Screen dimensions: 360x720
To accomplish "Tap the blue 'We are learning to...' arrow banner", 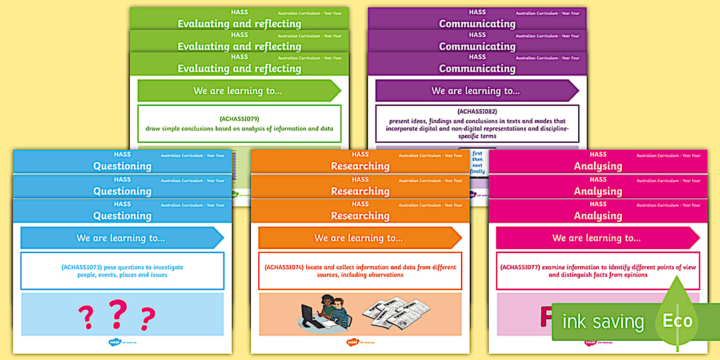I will pyautogui.click(x=121, y=238).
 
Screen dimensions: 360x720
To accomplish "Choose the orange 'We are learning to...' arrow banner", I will pyautogui.click(x=359, y=238).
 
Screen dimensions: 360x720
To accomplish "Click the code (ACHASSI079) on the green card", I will pyautogui.click(x=239, y=119).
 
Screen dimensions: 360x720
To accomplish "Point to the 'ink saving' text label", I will pyautogui.click(x=603, y=322).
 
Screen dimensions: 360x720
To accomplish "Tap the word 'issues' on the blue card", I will pyautogui.click(x=157, y=275).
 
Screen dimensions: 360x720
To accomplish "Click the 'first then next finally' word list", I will pyautogui.click(x=477, y=162).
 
